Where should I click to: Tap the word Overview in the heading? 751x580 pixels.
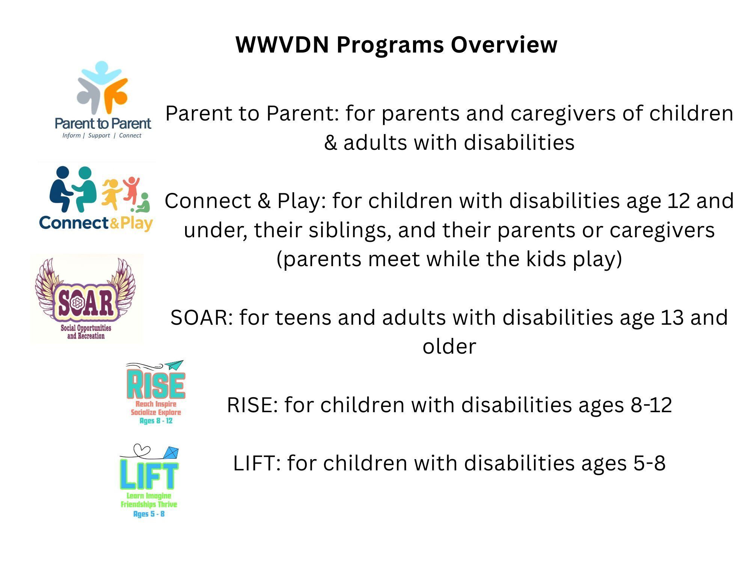504,45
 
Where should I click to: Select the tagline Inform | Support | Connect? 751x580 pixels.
102,136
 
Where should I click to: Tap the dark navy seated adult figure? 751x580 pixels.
61,189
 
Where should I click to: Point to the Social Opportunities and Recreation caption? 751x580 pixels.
86,332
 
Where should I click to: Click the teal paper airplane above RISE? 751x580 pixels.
174,365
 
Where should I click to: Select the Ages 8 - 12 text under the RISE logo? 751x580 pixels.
156,421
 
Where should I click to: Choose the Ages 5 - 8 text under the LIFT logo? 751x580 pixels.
149,514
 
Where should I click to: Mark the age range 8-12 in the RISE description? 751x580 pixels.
651,405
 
